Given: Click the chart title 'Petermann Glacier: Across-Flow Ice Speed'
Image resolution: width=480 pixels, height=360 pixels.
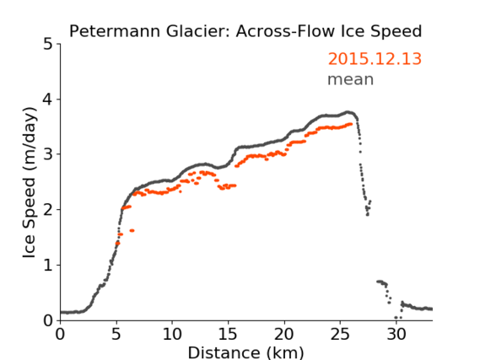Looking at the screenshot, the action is [x=245, y=31].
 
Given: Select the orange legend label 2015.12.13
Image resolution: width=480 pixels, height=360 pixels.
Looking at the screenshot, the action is [x=375, y=59].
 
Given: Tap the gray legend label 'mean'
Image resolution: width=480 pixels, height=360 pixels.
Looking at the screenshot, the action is [x=351, y=79].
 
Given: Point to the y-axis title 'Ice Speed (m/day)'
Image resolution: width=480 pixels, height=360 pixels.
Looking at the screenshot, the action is [x=30, y=183].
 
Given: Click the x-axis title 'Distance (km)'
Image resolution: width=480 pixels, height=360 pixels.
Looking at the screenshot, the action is [x=245, y=352].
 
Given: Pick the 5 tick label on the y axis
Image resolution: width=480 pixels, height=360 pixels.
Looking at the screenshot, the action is [x=48, y=45].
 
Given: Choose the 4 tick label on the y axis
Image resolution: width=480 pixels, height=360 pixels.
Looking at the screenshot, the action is [x=48, y=99].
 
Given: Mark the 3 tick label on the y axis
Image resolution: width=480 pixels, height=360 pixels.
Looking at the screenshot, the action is [x=48, y=154].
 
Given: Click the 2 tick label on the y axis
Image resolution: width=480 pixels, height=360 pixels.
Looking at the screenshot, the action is [x=48, y=210].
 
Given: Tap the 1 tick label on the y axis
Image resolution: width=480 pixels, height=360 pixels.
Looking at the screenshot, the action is [x=48, y=265].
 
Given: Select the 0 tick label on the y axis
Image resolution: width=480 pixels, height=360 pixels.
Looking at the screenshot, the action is [x=48, y=320].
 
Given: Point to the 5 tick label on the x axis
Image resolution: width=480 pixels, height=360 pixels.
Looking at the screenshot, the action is [x=116, y=335].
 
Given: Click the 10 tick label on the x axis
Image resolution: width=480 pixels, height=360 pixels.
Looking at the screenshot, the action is [x=172, y=335].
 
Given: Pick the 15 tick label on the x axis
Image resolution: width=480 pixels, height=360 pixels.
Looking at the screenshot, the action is [x=228, y=335].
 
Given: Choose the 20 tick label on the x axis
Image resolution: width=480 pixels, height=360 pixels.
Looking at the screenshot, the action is [x=284, y=335].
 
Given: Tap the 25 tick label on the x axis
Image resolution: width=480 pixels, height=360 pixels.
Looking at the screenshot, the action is [x=340, y=335].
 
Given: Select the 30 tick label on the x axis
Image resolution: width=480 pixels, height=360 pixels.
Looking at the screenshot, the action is [x=396, y=335].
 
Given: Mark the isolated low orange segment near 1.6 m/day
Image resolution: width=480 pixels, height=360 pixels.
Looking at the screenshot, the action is [x=132, y=231].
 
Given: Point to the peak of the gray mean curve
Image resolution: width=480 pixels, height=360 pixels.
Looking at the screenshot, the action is [x=348, y=112].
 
